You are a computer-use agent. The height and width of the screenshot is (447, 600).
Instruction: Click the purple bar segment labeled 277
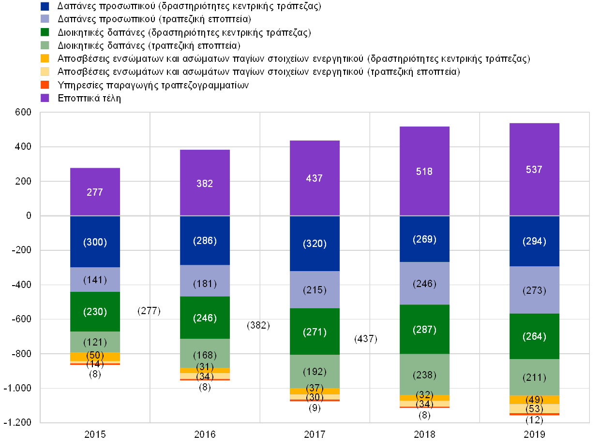pos(95,192)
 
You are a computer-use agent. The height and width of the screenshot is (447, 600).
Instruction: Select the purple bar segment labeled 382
pos(205,183)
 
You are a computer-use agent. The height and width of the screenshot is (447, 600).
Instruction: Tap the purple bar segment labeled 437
pos(315,178)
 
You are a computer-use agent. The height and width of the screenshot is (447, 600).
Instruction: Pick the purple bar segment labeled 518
pos(424,171)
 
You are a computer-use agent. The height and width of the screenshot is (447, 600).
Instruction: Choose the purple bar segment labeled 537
pos(534,169)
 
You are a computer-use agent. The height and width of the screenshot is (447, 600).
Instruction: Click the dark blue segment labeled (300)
pos(95,242)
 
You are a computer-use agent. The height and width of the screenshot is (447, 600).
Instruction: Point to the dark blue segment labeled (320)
pos(315,244)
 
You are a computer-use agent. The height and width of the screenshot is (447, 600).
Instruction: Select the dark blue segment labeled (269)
pos(424,239)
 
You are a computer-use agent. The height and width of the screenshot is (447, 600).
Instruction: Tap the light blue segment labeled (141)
pos(95,279)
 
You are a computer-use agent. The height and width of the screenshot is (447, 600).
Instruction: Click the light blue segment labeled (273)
pos(534,290)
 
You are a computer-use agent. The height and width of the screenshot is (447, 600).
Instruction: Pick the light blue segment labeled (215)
pos(315,290)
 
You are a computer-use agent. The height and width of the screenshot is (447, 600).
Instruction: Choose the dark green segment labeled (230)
pos(95,312)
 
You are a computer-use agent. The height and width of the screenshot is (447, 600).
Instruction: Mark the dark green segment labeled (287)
pos(424,330)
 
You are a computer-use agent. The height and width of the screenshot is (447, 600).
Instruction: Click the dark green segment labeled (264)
pos(534,336)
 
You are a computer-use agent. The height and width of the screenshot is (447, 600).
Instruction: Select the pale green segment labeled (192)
pos(315,372)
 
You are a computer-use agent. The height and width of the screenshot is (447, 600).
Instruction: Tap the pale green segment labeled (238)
pos(424,375)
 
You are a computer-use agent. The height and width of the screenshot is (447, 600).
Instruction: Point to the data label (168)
pos(205,356)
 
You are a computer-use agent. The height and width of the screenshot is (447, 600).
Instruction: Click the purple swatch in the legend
pos(45,98)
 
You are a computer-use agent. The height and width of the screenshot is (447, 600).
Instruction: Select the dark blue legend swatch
pos(45,6)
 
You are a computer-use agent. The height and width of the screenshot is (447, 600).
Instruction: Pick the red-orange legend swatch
pos(45,85)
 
